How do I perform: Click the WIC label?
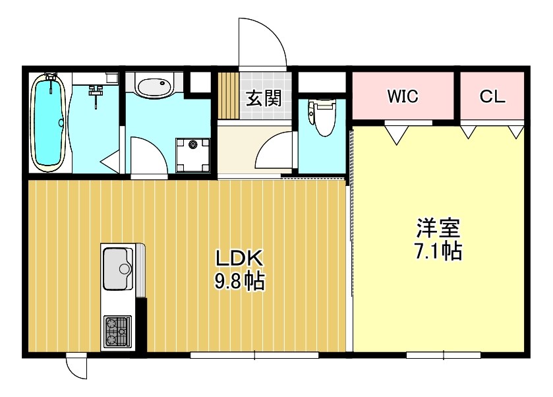[402, 97]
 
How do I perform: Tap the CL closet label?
[492, 97]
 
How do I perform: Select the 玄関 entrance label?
[264, 98]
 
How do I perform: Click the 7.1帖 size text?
[438, 251]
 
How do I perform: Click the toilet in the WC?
[322, 117]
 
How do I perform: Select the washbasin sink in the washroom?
[154, 86]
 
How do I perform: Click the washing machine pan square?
[193, 152]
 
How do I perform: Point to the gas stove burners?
[117, 332]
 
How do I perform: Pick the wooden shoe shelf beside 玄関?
[227, 96]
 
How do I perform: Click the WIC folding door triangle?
[396, 135]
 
